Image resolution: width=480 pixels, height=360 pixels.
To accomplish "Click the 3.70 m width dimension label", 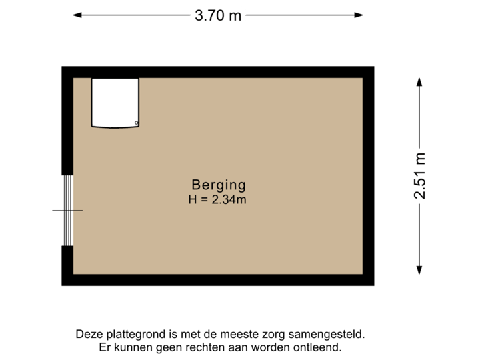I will pyautogui.click(x=218, y=15).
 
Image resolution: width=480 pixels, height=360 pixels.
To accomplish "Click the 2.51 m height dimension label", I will pyautogui.click(x=419, y=176).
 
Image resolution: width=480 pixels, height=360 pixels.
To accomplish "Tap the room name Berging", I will pyautogui.click(x=219, y=185).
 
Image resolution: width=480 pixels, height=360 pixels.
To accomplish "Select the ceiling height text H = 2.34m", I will pyautogui.click(x=219, y=198).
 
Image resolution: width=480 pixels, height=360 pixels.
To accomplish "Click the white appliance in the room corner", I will pyautogui.click(x=115, y=103).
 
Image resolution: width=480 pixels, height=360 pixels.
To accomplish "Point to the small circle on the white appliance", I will pyautogui.click(x=136, y=123).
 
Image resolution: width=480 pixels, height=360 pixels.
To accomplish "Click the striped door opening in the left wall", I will pyautogui.click(x=67, y=210).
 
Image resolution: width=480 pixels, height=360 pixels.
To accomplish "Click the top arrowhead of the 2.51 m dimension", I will pyautogui.click(x=419, y=81).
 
